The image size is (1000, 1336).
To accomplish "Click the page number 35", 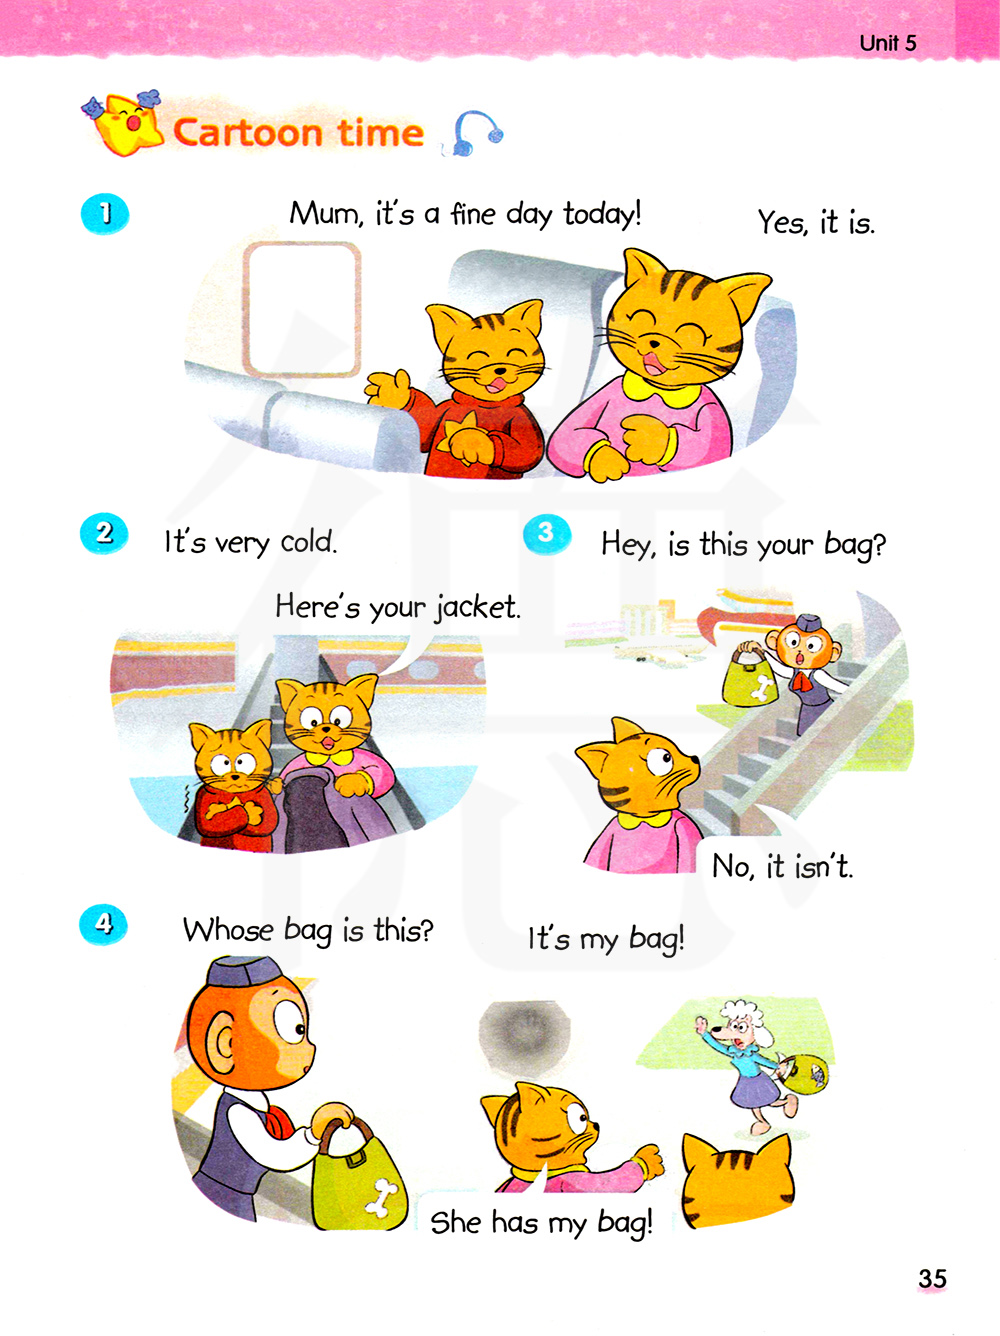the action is (932, 1278).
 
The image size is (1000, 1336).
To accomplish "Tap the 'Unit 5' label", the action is (887, 43).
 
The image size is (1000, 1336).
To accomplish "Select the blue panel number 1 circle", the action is (105, 214).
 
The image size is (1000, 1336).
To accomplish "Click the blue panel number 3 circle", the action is (547, 534).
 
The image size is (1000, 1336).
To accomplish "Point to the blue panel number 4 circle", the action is (103, 924).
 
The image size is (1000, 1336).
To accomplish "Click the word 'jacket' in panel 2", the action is (477, 608).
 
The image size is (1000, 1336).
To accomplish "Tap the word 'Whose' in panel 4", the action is (228, 931).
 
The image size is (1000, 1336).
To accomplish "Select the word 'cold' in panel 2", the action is (309, 541).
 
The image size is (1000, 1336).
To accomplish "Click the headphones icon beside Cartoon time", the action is (474, 133).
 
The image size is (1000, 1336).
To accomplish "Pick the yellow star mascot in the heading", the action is (125, 124).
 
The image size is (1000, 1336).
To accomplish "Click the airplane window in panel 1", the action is (302, 309).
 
